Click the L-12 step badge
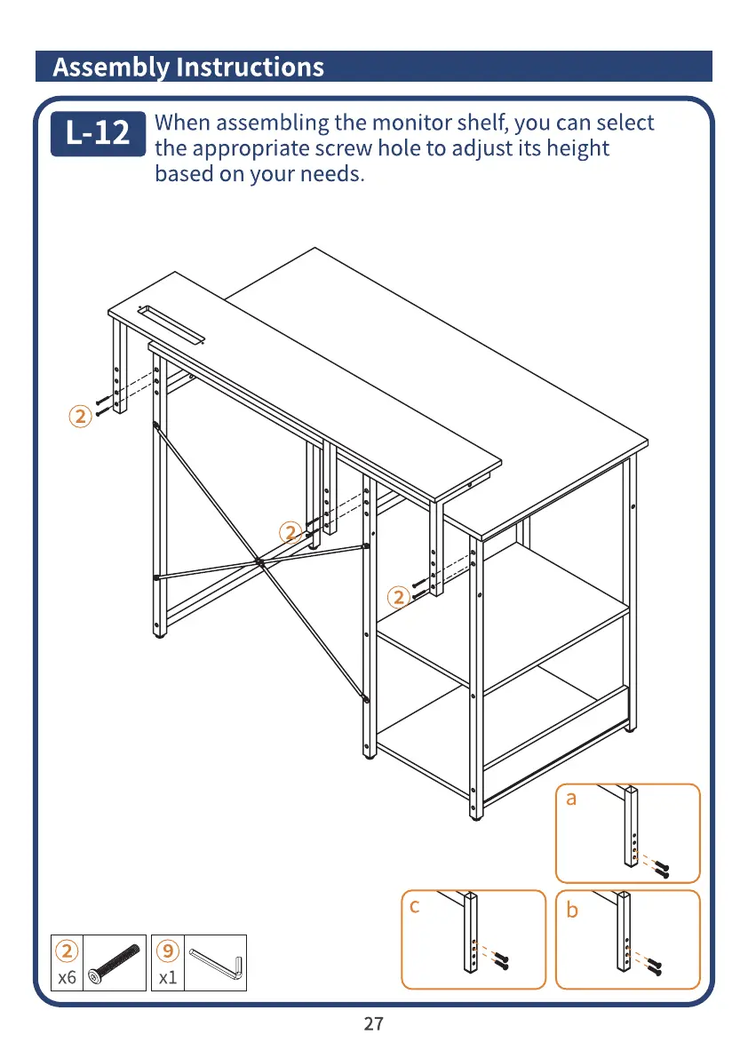tap(97, 133)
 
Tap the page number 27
tap(374, 1024)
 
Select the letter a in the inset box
tap(571, 799)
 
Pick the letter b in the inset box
tap(572, 911)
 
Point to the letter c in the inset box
tap(414, 906)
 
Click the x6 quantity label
tap(67, 978)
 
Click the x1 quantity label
tap(167, 978)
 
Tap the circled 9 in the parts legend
tap(167, 951)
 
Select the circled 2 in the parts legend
tap(66, 951)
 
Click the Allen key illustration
tap(215, 962)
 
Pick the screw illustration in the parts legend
tap(115, 962)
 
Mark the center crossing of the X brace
tap(259, 561)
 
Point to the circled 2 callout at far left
tap(80, 417)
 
